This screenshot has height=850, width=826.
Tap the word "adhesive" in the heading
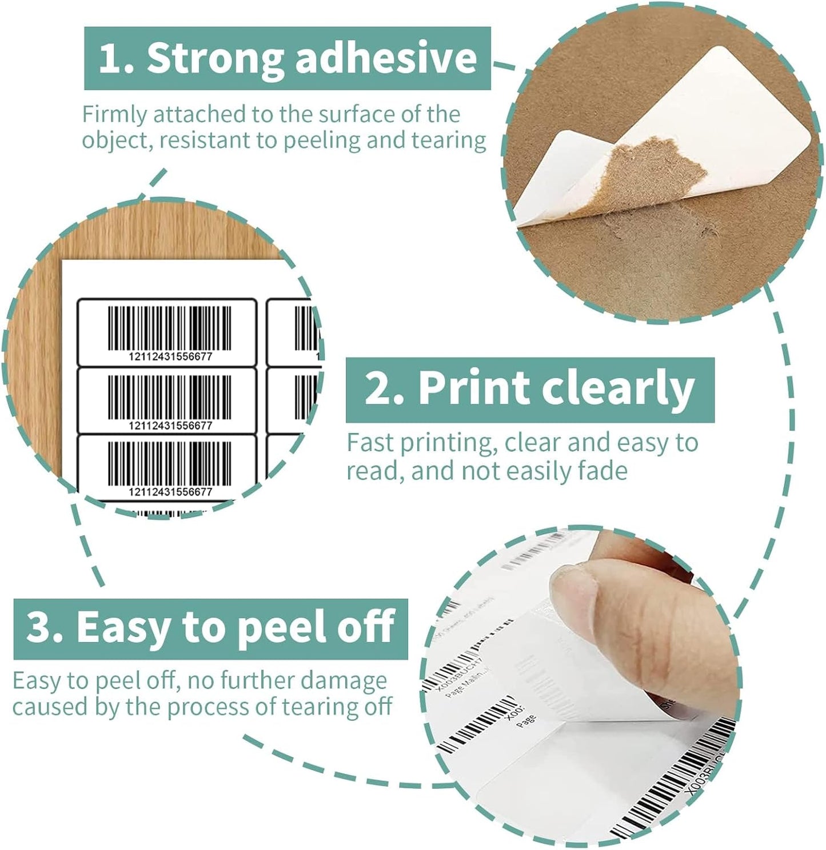point(386,58)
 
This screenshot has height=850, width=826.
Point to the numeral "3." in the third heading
point(45,627)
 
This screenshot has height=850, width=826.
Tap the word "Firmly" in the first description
point(114,114)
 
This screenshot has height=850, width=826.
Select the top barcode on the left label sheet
point(170,328)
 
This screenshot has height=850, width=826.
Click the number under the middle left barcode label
point(170,426)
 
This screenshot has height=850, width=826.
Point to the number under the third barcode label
point(170,492)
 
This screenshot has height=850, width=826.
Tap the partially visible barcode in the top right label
point(304,328)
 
